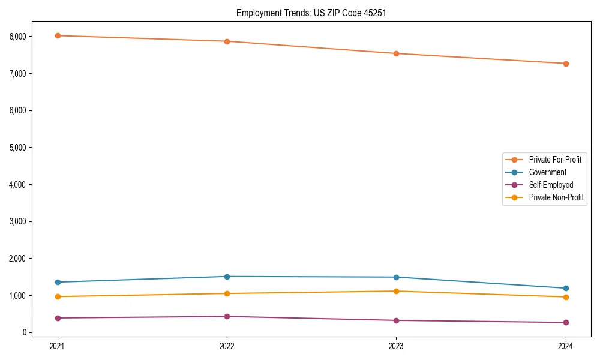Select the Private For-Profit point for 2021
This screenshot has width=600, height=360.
[58, 35]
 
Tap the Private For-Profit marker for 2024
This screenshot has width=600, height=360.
[566, 64]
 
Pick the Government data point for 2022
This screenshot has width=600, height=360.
[227, 277]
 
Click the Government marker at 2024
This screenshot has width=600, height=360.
[566, 288]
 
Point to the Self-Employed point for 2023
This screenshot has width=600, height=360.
[397, 320]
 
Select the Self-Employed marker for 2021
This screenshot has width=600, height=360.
[58, 318]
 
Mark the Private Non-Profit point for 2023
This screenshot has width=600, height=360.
[397, 291]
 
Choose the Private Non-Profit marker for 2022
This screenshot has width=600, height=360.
[227, 293]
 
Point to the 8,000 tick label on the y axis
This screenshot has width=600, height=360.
[18, 37]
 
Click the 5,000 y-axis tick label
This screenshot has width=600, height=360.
[18, 148]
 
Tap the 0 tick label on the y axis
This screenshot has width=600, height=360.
[25, 332]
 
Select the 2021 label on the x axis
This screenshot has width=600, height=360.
[58, 346]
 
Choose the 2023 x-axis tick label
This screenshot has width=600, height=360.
[397, 346]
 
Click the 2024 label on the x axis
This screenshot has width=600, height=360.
[566, 346]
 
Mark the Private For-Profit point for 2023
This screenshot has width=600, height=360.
[397, 53]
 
